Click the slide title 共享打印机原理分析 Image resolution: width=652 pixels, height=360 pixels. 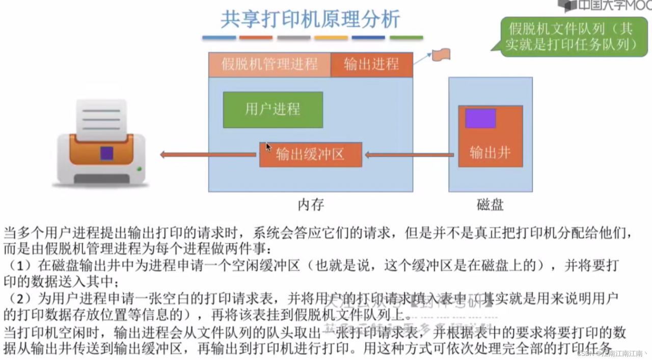point(310,19)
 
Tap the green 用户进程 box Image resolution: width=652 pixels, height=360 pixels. point(273,109)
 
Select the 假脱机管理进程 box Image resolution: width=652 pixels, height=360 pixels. point(269,65)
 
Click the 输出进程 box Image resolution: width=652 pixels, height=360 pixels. point(371,65)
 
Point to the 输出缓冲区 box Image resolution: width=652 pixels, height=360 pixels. point(311,155)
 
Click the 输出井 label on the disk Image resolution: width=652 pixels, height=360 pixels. point(490,152)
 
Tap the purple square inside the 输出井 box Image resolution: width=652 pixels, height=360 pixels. point(480,118)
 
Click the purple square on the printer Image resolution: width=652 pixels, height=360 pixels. point(106,153)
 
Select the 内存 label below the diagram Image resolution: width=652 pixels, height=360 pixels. point(311,205)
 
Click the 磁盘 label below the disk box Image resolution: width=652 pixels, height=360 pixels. point(490,205)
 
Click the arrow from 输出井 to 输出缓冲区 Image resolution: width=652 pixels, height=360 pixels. point(409,155)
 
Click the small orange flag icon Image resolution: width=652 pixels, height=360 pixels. point(441,54)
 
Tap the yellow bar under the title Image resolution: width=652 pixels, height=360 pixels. point(331,38)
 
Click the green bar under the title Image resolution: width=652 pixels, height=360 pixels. point(406,38)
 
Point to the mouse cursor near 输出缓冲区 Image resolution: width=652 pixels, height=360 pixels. point(268,147)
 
